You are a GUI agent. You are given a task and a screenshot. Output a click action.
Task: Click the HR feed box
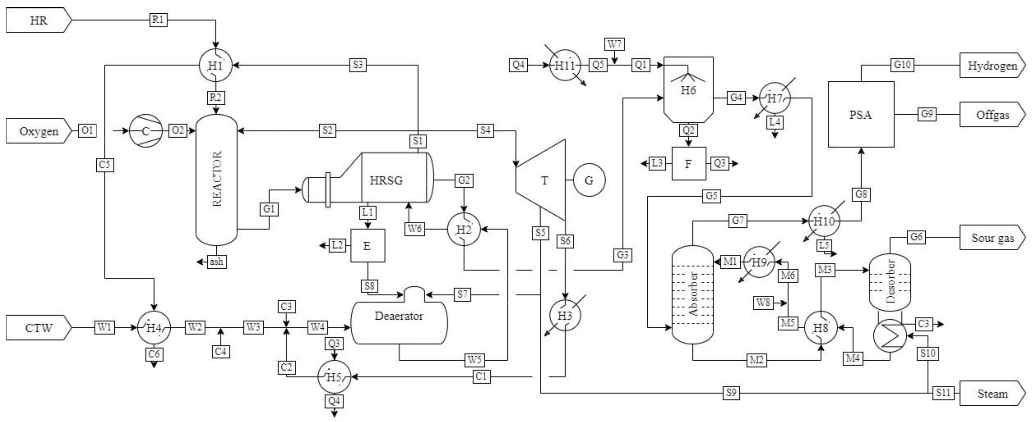39,20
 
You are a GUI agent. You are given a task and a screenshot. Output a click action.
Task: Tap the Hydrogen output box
992,65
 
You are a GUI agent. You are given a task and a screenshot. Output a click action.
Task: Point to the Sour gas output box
992,238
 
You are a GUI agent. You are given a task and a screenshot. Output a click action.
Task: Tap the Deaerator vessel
399,315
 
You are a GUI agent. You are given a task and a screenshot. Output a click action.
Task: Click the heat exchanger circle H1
216,65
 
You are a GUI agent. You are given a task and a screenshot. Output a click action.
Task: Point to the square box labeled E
368,246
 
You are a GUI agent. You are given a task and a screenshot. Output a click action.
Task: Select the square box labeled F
688,164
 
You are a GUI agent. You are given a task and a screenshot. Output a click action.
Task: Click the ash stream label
216,262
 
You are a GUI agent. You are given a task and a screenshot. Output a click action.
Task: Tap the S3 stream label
358,65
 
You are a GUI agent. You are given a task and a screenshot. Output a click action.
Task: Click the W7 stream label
614,44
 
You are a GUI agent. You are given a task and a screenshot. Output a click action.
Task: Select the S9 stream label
731,393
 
